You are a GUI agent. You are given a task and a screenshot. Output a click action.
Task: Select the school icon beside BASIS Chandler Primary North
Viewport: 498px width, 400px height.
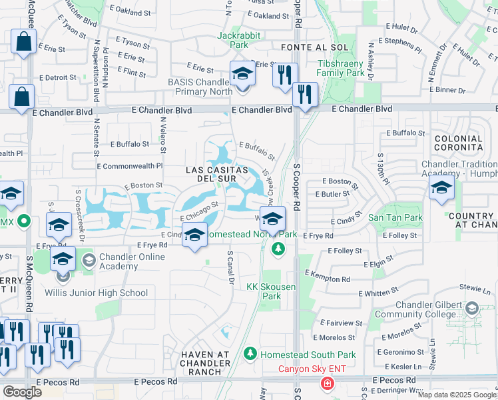[242, 74]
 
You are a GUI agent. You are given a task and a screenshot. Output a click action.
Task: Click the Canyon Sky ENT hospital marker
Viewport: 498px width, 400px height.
[327, 383]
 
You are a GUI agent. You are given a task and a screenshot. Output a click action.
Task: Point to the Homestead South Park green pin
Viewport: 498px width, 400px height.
[250, 353]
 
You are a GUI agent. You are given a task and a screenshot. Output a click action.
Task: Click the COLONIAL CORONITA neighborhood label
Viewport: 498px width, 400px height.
[458, 142]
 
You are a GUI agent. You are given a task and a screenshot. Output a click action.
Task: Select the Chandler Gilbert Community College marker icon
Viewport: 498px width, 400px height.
[472, 308]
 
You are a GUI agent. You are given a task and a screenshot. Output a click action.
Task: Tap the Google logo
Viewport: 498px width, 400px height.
[22, 392]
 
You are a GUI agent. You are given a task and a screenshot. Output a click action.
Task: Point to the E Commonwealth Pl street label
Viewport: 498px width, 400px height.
[130, 166]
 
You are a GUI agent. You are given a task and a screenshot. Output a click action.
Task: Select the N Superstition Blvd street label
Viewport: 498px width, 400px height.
[97, 70]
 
